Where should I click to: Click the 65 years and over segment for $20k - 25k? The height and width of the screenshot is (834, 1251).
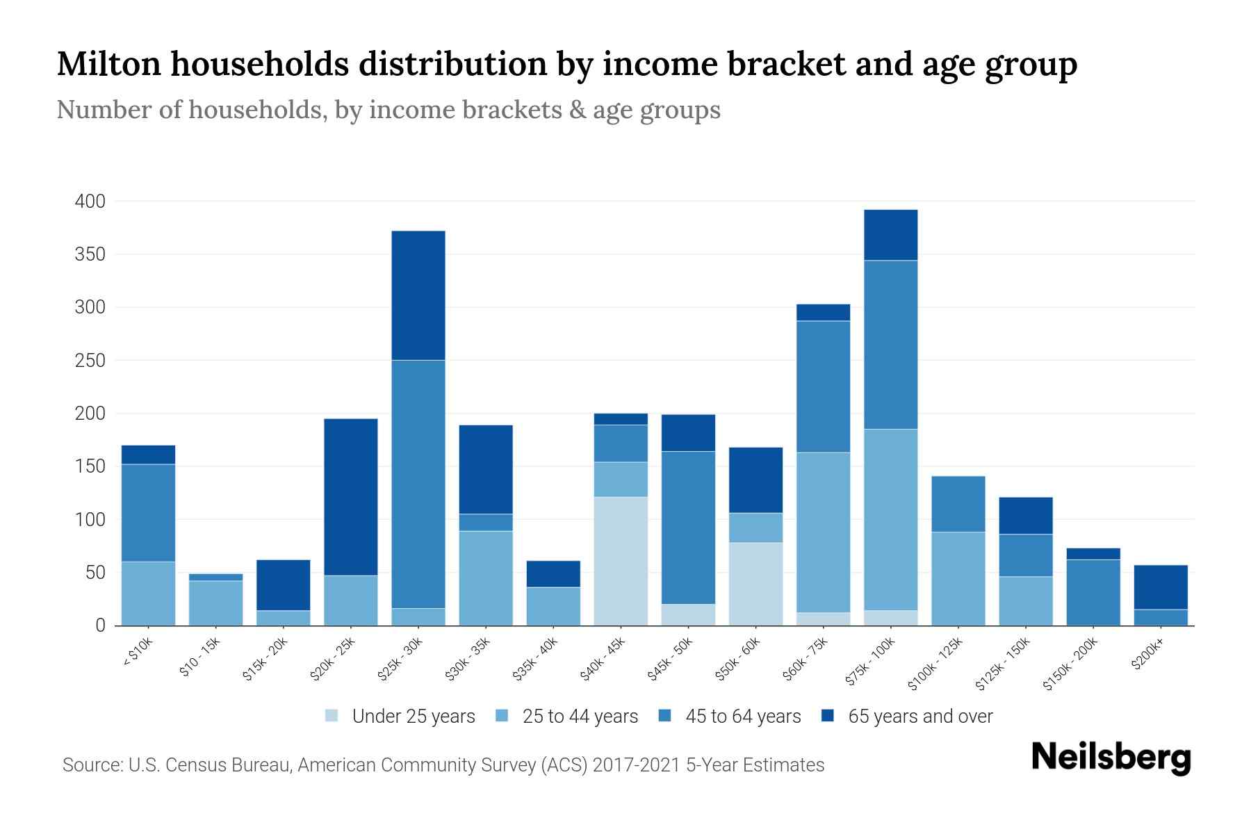[x=351, y=496]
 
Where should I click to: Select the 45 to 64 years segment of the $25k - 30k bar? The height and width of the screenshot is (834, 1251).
[x=418, y=484]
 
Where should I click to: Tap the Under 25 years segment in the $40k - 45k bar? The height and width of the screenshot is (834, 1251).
[x=621, y=561]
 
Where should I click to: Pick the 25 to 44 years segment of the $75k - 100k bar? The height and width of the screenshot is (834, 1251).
[x=891, y=519]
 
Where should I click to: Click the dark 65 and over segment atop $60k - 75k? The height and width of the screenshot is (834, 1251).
[x=823, y=312]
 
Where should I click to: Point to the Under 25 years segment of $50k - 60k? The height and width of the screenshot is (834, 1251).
[x=755, y=583]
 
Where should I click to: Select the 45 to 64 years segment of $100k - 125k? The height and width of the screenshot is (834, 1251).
[x=958, y=504]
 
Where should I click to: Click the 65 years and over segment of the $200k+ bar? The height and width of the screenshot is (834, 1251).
[x=1161, y=587]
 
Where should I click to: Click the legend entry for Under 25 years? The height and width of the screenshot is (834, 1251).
[x=413, y=717]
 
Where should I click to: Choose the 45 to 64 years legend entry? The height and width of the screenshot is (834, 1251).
[x=742, y=717]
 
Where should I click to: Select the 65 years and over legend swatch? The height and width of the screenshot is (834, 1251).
[x=828, y=716]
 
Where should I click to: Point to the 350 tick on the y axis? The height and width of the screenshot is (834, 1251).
[x=90, y=254]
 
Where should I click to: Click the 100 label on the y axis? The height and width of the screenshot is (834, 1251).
[x=90, y=520]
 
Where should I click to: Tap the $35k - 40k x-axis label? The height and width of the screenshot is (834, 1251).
[x=536, y=660]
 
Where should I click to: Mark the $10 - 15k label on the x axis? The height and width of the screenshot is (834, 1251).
[x=199, y=658]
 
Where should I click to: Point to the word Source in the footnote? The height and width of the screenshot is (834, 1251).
[x=89, y=765]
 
